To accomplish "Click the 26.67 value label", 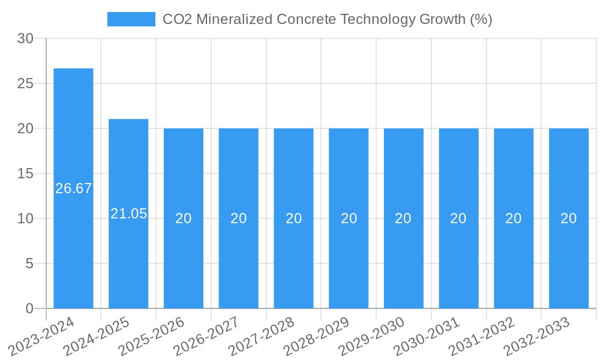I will [73, 188].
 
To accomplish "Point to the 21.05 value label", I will [128, 214].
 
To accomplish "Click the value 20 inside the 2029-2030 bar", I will [403, 218].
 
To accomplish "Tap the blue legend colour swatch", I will [131, 19].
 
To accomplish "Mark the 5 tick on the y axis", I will [29, 263].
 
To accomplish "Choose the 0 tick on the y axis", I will [29, 308].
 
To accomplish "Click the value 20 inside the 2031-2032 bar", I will [514, 218].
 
